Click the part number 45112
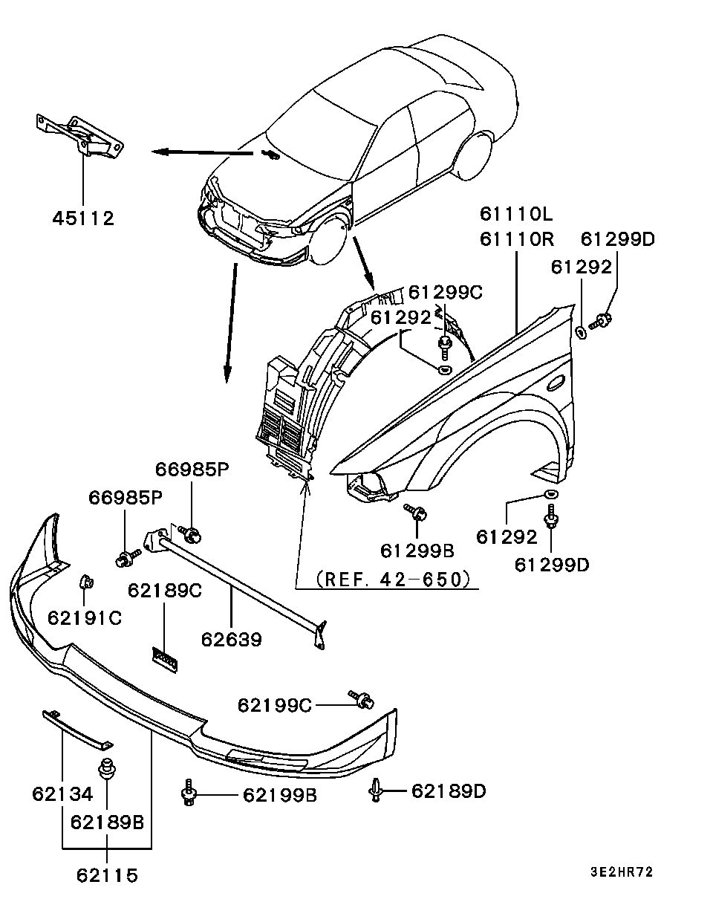[x=83, y=218]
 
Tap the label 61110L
[x=516, y=215]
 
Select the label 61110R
[x=516, y=239]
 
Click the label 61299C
[x=446, y=293]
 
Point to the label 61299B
[x=417, y=551]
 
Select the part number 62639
[x=230, y=639]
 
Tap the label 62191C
[x=85, y=617]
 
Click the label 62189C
[x=165, y=591]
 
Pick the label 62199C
[x=275, y=704]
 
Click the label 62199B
[x=280, y=796]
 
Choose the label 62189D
[x=449, y=791]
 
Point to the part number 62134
[x=62, y=794]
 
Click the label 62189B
[x=107, y=822]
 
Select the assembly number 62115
[x=107, y=875]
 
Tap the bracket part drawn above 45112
[x=80, y=135]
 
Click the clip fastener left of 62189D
[x=376, y=791]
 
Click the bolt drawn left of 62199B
[x=189, y=793]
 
